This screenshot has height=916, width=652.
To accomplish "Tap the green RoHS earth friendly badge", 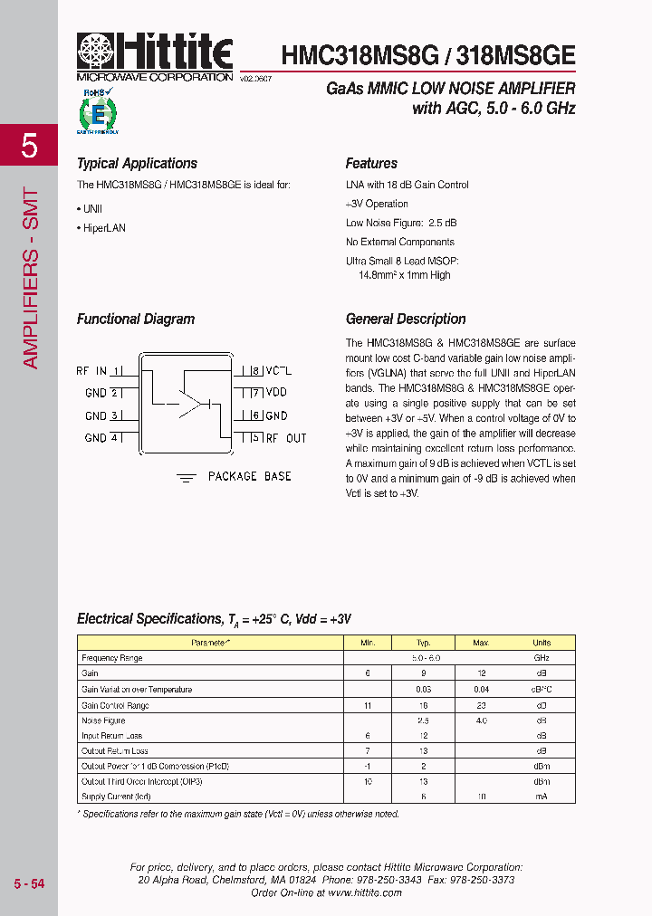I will [98, 111].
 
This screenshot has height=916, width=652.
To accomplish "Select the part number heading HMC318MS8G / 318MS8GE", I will [427, 53].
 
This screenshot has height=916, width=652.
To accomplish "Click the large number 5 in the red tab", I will [29, 146].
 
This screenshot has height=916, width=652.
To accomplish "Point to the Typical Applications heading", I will [137, 164].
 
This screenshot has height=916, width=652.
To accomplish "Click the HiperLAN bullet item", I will [103, 228].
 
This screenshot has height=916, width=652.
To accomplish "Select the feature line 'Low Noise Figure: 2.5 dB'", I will [400, 223].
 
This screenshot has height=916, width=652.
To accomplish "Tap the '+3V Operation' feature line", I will [377, 204].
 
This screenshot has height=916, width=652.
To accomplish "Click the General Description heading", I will [406, 320].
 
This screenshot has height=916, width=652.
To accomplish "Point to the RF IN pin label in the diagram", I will [91, 371].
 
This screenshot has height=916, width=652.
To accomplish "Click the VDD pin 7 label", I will [275, 393].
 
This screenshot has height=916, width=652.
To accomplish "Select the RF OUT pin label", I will [284, 438].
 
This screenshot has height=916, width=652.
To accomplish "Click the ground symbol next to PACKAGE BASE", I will [187, 478].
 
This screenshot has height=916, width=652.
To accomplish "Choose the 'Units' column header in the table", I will [541, 643].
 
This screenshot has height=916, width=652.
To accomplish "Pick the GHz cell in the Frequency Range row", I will [541, 658].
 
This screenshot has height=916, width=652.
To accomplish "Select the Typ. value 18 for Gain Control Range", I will [422, 705].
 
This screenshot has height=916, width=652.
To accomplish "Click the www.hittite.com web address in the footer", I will [364, 892].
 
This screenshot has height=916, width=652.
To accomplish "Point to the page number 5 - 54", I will [29, 883].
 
